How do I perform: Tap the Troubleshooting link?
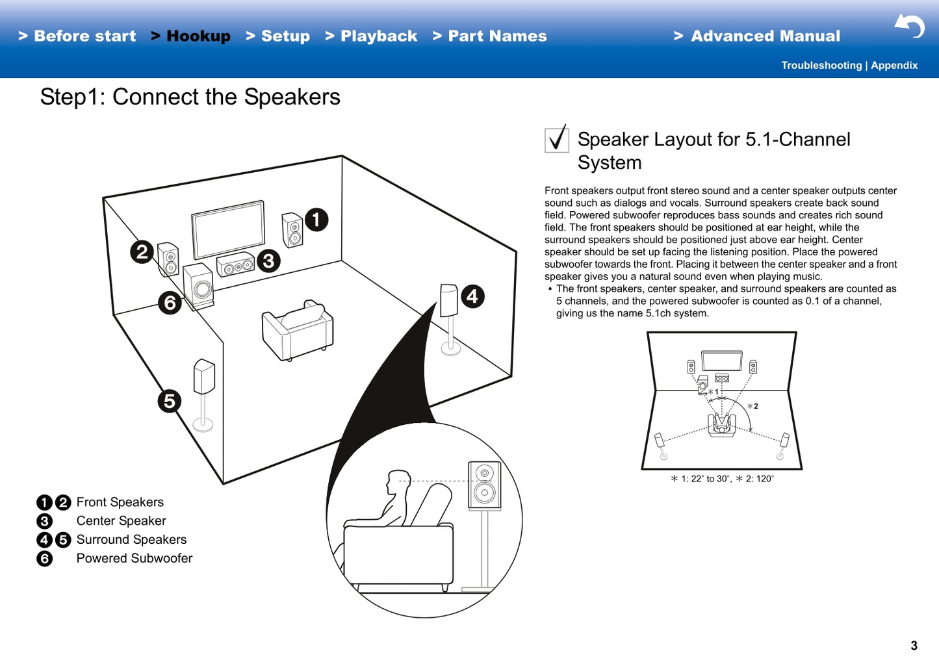pos(821,66)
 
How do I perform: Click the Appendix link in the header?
pos(894,66)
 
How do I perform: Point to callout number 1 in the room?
pos(316,220)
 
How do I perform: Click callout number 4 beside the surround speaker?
pos(472,296)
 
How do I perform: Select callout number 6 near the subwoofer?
pos(170,303)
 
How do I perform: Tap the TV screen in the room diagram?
pos(228,230)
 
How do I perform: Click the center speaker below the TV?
pos(235,264)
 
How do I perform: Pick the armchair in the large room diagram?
pos(298,331)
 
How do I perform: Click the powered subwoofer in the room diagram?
pos(199,286)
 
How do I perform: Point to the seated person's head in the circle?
pos(397,482)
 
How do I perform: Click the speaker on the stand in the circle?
pos(485,485)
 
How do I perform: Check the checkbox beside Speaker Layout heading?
pos(557,140)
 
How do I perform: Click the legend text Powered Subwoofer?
pos(134,558)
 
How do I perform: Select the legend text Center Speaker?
pos(121,521)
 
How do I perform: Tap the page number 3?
pos(914,645)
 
